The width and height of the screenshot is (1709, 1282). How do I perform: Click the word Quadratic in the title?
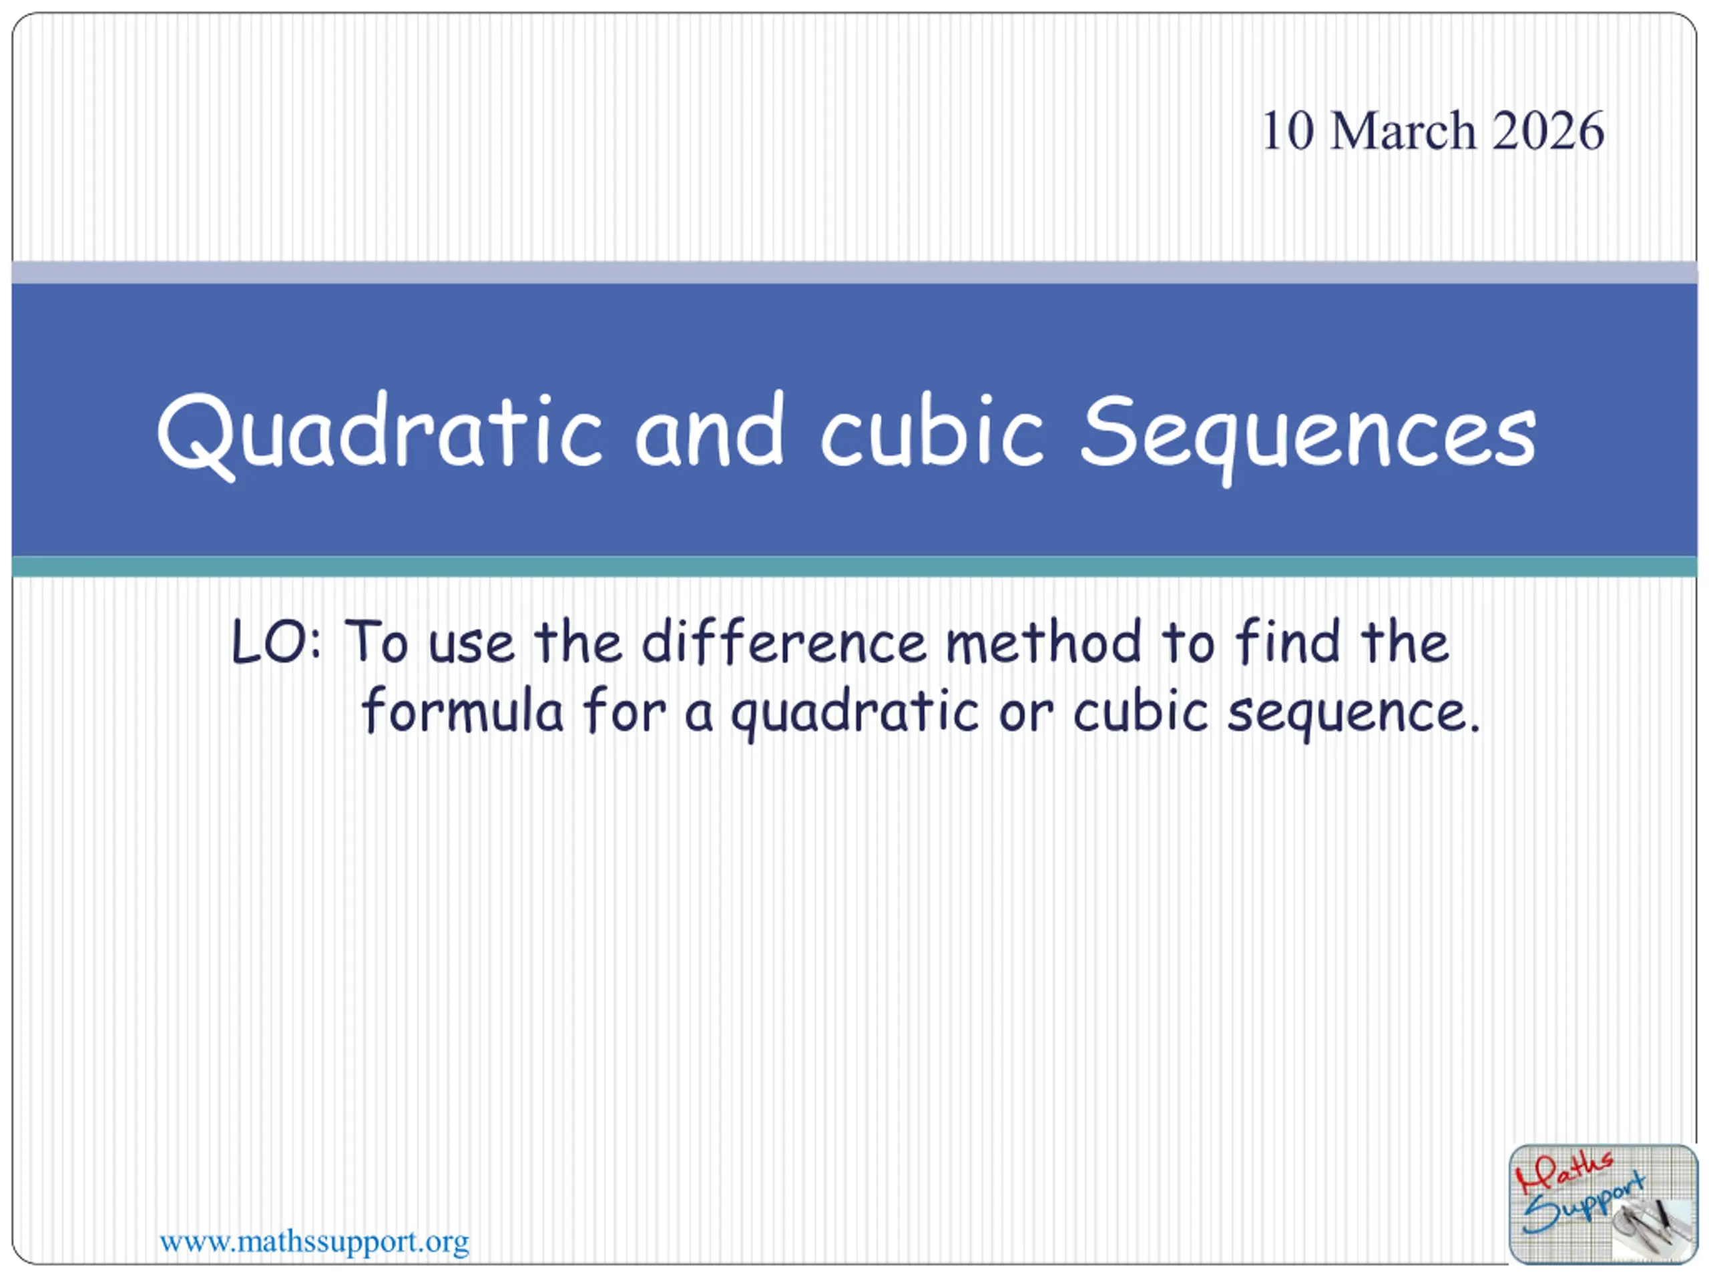tap(379, 433)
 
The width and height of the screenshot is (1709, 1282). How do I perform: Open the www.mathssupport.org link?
tap(314, 1242)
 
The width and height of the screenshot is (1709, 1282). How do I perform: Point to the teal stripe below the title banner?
tap(854, 566)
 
